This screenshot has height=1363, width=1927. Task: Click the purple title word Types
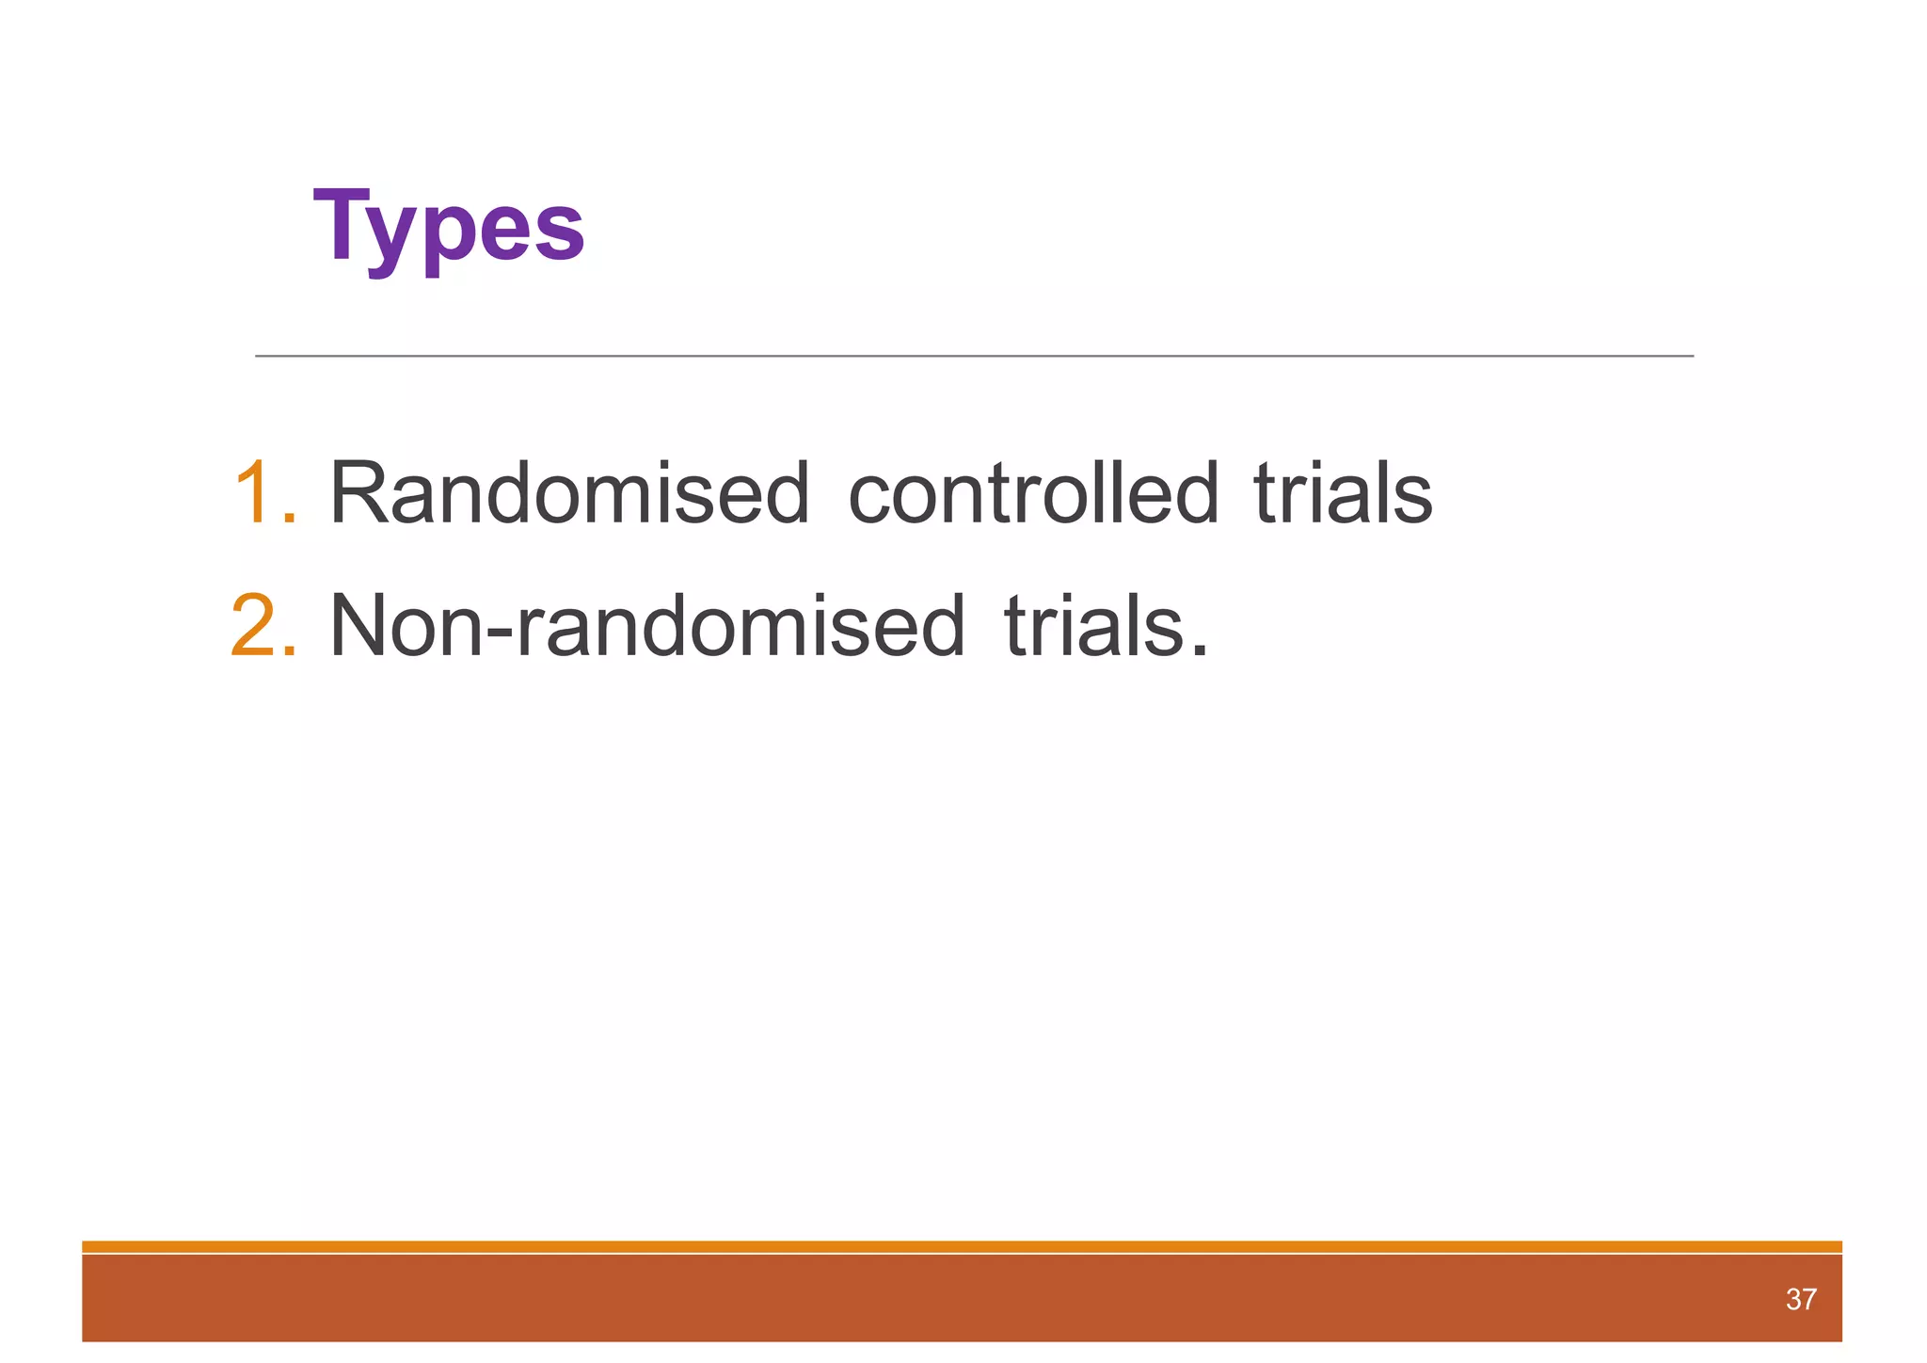click(x=449, y=227)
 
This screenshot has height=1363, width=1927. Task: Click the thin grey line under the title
click(x=974, y=356)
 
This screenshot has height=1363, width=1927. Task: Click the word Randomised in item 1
click(x=569, y=493)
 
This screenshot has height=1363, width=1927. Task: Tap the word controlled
click(x=1033, y=493)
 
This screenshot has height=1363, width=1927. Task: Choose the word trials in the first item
click(x=1343, y=493)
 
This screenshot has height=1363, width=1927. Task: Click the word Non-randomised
click(x=647, y=625)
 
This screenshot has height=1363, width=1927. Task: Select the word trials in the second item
click(x=1093, y=625)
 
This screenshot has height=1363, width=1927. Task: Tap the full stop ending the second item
click(x=1198, y=650)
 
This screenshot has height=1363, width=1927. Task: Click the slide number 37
click(x=1800, y=1300)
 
